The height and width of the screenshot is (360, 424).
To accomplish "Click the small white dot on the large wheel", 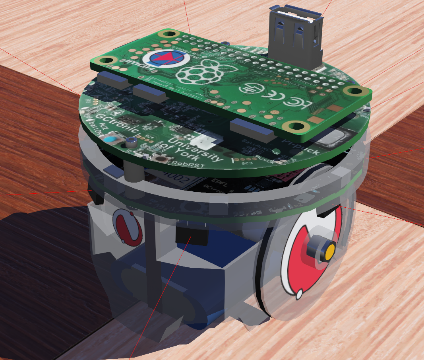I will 298,295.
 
